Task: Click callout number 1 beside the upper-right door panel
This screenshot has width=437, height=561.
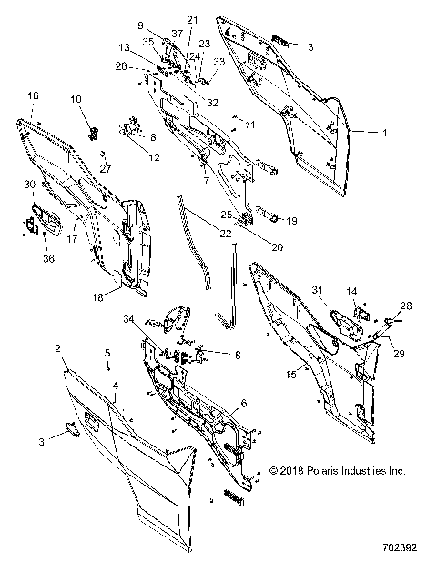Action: [x=384, y=133]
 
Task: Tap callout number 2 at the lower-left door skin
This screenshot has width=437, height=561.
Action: [x=57, y=348]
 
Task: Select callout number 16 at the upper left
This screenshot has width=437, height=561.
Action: [x=33, y=95]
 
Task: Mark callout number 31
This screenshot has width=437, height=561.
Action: [x=317, y=290]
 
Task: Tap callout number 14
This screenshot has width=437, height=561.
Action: [x=352, y=290]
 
